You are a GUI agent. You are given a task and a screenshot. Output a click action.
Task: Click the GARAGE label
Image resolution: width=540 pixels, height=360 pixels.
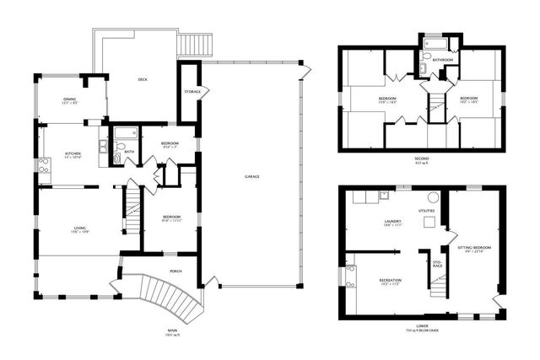click(251, 177)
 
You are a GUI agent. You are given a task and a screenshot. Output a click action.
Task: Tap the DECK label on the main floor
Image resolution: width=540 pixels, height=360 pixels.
click(143, 81)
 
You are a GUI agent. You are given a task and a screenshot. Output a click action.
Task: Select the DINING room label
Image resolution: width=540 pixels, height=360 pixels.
click(70, 99)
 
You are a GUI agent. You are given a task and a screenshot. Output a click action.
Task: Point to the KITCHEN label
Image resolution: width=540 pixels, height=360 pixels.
click(73, 153)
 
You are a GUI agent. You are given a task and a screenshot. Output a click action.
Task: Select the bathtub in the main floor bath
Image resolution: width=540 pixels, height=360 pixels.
click(126, 132)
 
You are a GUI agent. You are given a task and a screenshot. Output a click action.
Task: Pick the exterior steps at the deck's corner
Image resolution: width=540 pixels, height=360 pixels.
click(195, 42)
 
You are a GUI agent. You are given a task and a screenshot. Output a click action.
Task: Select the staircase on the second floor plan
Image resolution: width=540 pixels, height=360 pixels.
click(436, 106)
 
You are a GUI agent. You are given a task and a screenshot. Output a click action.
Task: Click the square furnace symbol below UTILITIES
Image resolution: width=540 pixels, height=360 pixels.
click(429, 223)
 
